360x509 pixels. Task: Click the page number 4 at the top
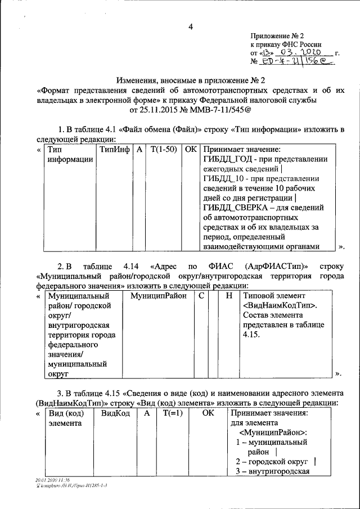(191, 26)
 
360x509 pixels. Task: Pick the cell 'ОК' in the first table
(191, 150)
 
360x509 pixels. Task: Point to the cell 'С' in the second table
(201, 295)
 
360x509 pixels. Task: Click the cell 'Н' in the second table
(228, 295)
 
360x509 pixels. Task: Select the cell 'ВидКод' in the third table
(115, 413)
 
